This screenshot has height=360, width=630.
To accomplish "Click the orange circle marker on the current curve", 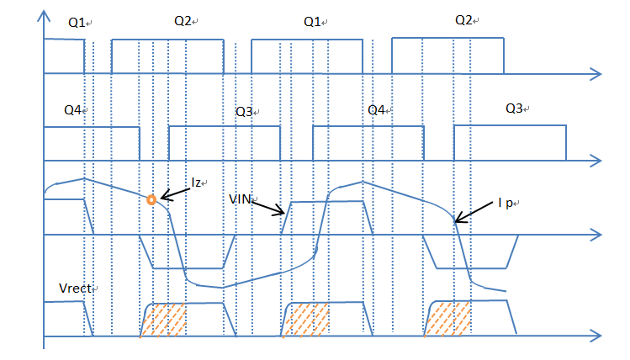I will coord(151,200).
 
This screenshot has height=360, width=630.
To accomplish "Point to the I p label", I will coord(506,203).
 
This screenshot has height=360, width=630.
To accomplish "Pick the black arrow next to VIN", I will coord(268,208).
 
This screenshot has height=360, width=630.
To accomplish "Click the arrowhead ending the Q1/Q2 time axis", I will coord(596,74).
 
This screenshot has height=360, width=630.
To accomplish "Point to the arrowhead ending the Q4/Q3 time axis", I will coord(596,159).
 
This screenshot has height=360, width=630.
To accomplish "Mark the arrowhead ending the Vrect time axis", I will coord(596,336).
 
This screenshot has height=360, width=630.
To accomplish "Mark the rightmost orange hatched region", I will coord(447,320).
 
